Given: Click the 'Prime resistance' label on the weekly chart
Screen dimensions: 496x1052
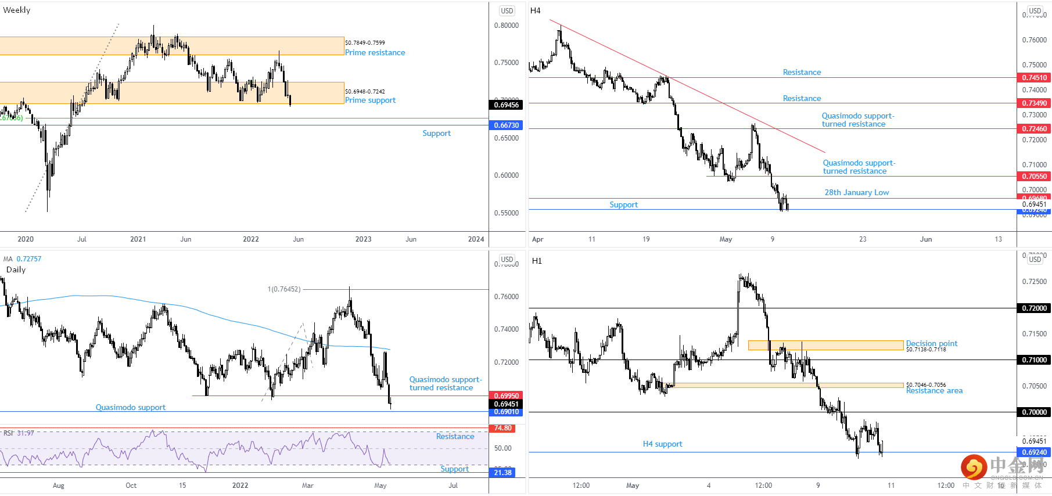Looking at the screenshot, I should coord(375,52).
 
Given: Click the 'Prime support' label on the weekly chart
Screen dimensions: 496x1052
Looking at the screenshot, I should coord(370,100).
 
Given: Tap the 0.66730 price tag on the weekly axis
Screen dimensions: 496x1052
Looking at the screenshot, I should coord(506,125).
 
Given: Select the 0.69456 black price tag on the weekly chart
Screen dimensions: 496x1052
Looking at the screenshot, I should coord(506,105).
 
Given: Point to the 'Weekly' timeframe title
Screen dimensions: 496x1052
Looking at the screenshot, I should coord(17,10).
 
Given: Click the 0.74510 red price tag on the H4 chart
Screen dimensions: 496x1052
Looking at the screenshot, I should coord(1034,78).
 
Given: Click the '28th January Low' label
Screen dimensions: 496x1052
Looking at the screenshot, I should coord(856,192).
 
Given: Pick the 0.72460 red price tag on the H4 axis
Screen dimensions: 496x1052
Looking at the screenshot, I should coord(1034,129).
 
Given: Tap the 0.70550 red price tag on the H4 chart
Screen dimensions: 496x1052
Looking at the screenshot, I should coord(1034,177).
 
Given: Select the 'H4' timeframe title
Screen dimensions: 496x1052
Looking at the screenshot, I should coord(536,10).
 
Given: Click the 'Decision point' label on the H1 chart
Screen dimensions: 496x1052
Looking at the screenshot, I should coord(931,343).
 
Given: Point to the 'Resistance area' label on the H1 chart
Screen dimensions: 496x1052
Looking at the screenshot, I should coord(934,391).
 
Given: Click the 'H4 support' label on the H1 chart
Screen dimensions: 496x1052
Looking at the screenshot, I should coord(662,444).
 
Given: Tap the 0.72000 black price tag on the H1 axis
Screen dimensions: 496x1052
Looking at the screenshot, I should coord(1034,308).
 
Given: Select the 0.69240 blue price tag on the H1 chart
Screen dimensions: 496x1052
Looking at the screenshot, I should coord(1034,452).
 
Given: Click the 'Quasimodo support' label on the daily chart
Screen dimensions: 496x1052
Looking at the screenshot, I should coord(130,407).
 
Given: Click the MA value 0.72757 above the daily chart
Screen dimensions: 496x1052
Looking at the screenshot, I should coord(28,259).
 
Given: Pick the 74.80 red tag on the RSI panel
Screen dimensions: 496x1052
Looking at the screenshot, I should coord(502,428).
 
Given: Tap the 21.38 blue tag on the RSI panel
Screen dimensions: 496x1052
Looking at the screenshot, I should coord(502,473).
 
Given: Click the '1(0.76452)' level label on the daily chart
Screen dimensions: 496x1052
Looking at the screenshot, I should coord(284,289).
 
